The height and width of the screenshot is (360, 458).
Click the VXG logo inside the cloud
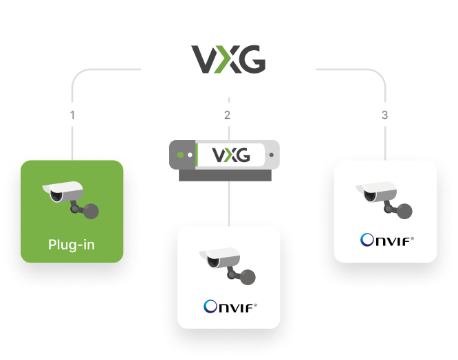(x=228, y=59)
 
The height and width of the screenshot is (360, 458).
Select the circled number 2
(x=228, y=114)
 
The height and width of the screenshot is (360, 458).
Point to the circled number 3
(x=385, y=114)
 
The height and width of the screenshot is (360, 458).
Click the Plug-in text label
(x=72, y=244)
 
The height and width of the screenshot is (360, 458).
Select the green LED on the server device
(x=182, y=155)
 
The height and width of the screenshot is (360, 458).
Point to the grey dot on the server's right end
(x=272, y=155)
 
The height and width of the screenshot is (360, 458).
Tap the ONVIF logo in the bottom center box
(x=230, y=306)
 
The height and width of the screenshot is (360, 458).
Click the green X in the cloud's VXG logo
(x=228, y=59)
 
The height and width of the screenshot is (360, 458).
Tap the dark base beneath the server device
(x=228, y=175)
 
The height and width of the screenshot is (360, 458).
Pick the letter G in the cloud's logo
(x=252, y=59)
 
